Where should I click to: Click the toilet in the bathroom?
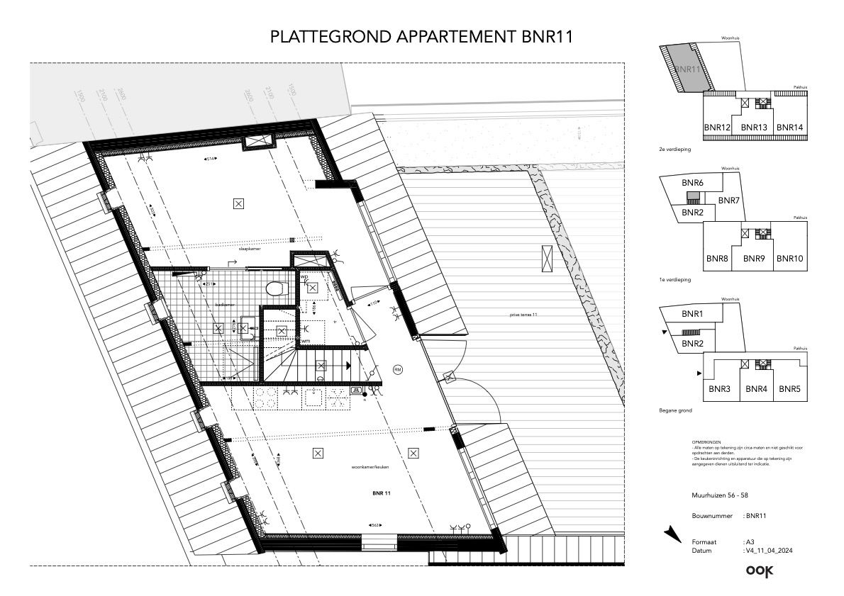[274, 288]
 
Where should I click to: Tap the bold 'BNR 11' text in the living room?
[382, 492]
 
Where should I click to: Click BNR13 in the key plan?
[754, 127]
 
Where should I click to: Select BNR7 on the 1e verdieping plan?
[728, 201]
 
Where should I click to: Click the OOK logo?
[759, 570]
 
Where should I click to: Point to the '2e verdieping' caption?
[674, 150]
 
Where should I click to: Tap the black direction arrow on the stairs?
[348, 365]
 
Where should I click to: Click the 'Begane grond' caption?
[675, 410]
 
